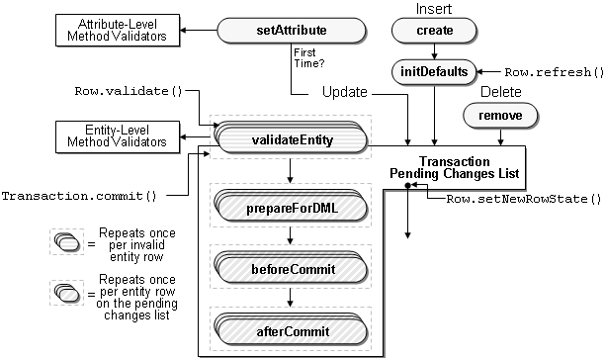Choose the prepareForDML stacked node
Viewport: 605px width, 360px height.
click(x=288, y=210)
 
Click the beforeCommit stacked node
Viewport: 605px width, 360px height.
click(x=288, y=268)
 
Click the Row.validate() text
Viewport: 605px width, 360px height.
click(x=130, y=92)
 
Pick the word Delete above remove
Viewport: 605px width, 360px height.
click(x=500, y=92)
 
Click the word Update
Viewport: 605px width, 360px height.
click(x=345, y=92)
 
